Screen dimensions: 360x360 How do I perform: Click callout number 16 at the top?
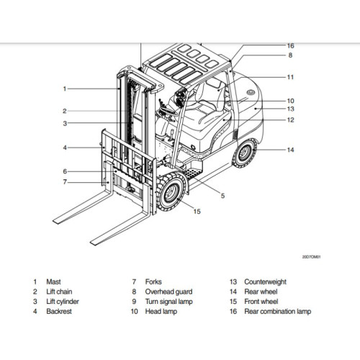point(290,45)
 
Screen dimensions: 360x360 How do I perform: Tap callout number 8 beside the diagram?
point(290,55)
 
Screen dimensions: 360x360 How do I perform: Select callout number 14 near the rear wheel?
point(290,150)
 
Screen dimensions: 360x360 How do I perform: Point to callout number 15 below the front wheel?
point(197,211)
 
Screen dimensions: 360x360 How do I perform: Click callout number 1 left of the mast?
point(64,89)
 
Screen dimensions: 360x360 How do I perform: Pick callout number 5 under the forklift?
point(222,195)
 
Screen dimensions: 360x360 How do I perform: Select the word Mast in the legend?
point(53,282)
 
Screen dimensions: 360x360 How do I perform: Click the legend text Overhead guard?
point(168,292)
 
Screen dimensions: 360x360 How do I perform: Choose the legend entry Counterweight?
point(265,282)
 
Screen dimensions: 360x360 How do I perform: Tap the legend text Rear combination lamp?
point(277,312)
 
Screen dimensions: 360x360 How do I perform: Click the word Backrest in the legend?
point(59,312)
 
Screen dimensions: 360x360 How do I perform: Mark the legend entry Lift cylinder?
point(63,302)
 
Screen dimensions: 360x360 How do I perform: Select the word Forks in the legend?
point(153,282)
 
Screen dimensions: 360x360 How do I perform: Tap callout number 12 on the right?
point(290,120)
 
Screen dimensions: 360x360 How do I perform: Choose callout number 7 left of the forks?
point(64,182)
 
